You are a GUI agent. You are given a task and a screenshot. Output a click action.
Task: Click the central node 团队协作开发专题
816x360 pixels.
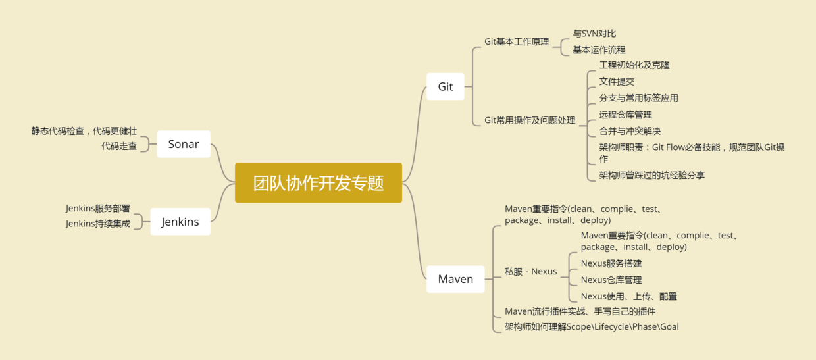pyautogui.click(x=319, y=183)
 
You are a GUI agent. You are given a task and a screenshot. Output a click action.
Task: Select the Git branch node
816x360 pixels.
pyautogui.click(x=446, y=86)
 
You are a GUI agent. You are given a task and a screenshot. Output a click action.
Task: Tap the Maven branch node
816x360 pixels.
pyautogui.click(x=455, y=279)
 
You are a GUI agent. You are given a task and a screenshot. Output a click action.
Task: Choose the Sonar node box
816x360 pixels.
pyautogui.click(x=184, y=144)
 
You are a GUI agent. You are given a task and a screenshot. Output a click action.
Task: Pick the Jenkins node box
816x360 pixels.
pyautogui.click(x=180, y=222)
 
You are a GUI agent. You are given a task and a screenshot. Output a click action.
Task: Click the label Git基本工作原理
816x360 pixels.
pyautogui.click(x=517, y=41)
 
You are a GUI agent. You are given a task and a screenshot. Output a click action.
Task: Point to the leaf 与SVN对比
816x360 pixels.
pyautogui.click(x=594, y=33)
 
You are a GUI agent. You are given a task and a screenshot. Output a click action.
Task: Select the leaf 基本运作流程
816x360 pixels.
pyautogui.click(x=599, y=49)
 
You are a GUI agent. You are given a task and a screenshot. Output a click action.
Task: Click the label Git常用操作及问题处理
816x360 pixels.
pyautogui.click(x=530, y=120)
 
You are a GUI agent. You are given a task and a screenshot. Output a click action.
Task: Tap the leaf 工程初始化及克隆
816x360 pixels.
pyautogui.click(x=634, y=65)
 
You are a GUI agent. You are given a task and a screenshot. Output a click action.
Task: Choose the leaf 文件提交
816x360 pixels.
pyautogui.click(x=617, y=82)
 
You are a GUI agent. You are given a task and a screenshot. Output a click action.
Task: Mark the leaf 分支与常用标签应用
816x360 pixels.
pyautogui.click(x=638, y=98)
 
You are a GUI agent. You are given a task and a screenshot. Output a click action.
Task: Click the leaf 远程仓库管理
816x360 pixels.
pyautogui.click(x=625, y=115)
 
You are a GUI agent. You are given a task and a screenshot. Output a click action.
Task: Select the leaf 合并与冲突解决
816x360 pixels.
pyautogui.click(x=630, y=131)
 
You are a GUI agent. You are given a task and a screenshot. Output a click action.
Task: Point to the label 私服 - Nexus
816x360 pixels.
pyautogui.click(x=530, y=271)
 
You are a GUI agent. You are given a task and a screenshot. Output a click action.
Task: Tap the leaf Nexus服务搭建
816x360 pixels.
pyautogui.click(x=611, y=263)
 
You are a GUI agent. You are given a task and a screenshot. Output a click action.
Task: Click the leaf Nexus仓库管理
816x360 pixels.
pyautogui.click(x=611, y=280)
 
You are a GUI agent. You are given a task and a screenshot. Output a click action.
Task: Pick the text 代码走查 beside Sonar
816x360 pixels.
pyautogui.click(x=119, y=146)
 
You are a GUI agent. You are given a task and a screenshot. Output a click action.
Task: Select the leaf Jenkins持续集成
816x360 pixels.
pyautogui.click(x=98, y=224)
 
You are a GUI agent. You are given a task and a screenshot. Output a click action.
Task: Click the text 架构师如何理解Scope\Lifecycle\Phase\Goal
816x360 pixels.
pyautogui.click(x=592, y=326)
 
